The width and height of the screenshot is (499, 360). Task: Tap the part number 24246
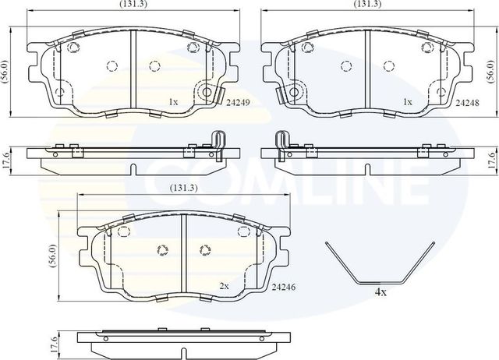[x=285, y=286]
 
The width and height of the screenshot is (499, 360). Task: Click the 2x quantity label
[x=224, y=286]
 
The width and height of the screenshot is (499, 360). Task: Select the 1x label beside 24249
[x=174, y=101]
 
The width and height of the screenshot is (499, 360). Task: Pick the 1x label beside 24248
[x=406, y=101]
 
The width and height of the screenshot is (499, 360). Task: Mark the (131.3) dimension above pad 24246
[x=184, y=187]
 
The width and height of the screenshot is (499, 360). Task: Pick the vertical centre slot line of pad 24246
[x=182, y=250]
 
